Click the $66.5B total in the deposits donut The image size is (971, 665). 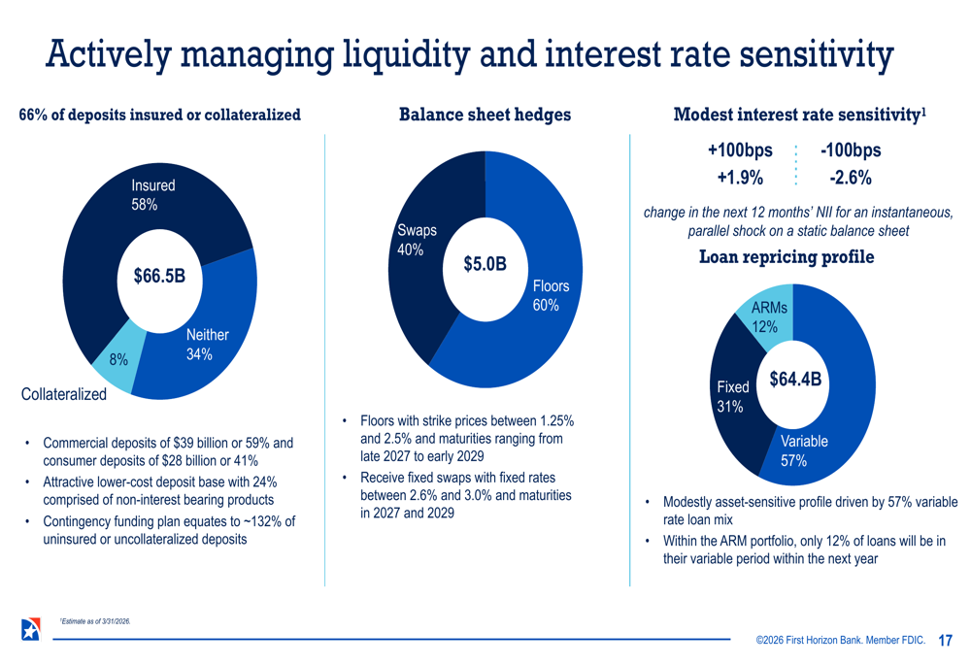(x=159, y=276)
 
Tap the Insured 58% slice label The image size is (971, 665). (x=153, y=194)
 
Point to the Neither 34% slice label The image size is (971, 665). (x=207, y=345)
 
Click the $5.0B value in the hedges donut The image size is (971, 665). (x=485, y=263)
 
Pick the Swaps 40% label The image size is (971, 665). (x=417, y=240)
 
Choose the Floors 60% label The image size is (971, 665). (x=551, y=295)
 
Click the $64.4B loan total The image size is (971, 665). (x=795, y=380)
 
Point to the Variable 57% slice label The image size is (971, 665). (x=804, y=450)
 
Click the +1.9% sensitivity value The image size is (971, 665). (x=740, y=178)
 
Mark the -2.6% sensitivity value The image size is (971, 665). (x=851, y=178)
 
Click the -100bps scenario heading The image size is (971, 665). (x=851, y=150)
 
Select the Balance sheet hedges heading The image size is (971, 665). (x=485, y=115)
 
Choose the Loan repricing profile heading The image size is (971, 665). (x=787, y=257)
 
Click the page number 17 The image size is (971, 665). (x=945, y=640)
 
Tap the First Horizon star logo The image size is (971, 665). (x=30, y=629)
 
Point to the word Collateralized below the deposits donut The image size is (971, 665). (x=64, y=394)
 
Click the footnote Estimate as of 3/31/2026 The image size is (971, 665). (x=95, y=621)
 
